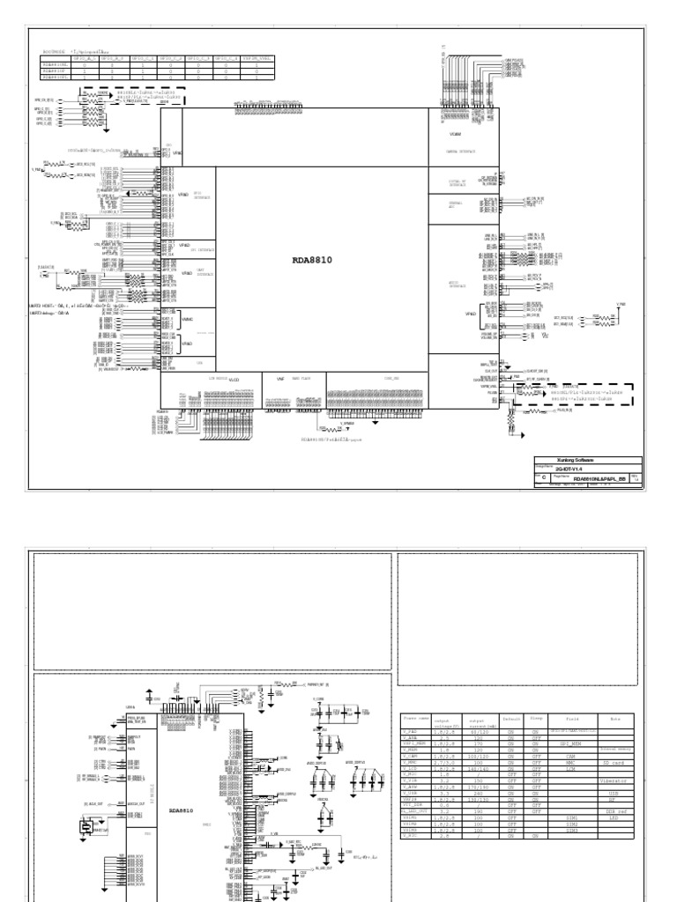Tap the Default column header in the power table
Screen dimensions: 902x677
click(511, 719)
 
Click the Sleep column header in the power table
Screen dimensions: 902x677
click(535, 719)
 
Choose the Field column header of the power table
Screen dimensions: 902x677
click(573, 719)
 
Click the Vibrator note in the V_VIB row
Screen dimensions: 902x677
click(614, 780)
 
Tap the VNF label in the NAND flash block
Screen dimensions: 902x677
click(280, 378)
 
